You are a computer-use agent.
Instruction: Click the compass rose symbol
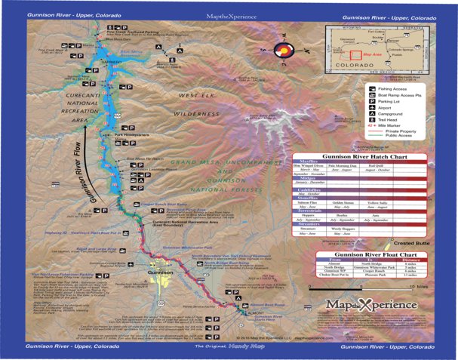tap(281, 51)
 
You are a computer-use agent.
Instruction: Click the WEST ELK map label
tap(197, 97)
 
